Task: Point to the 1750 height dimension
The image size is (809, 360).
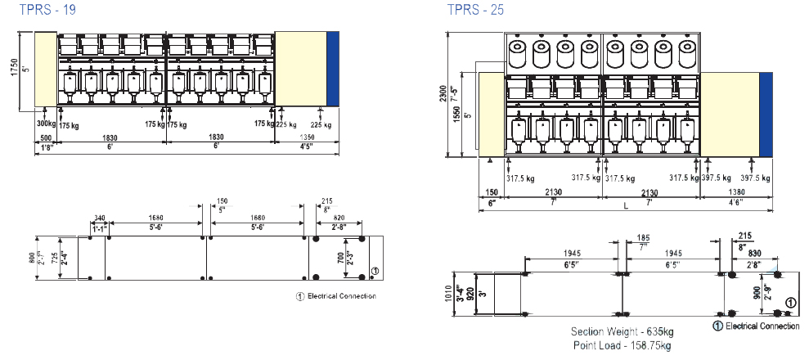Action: (13, 70)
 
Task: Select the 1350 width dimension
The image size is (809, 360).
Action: (308, 137)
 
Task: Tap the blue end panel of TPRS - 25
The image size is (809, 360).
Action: (766, 115)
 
